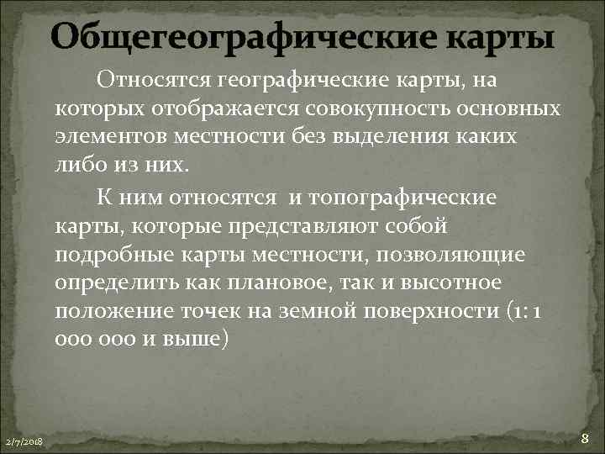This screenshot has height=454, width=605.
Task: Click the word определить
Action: pos(112,283)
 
